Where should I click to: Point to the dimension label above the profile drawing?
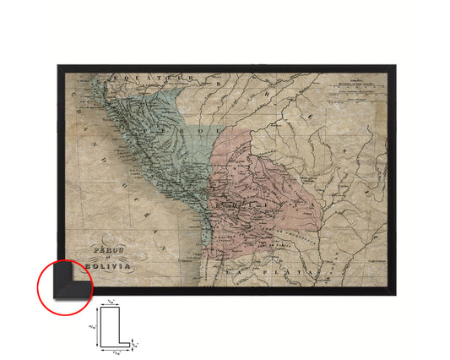click(111, 302)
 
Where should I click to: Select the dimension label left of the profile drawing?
click(92, 325)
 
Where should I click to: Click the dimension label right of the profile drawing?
click(136, 342)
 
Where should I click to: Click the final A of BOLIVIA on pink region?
click(294, 205)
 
